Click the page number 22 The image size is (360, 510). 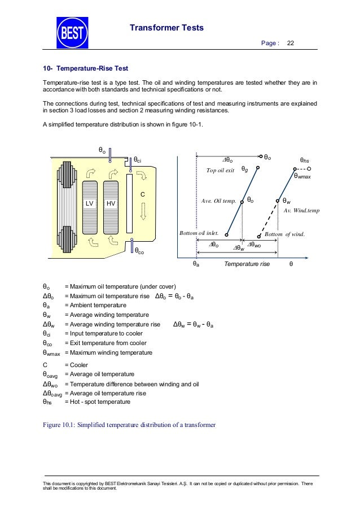tap(291, 43)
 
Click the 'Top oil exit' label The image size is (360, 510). tap(220, 169)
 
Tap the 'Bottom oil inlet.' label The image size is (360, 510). tap(199, 233)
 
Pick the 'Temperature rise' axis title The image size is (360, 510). tap(247, 264)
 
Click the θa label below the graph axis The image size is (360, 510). tap(196, 263)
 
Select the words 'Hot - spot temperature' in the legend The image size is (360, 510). tap(98, 402)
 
